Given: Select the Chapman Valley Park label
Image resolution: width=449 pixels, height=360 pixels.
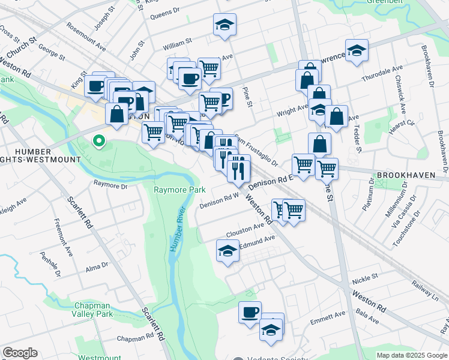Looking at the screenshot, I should click(x=93, y=309).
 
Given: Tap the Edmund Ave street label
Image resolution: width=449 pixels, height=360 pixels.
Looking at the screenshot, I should click(x=257, y=241).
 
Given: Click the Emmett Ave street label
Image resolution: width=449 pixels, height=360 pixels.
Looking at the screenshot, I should click(x=328, y=317).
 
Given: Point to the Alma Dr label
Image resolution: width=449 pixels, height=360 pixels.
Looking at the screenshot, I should click(x=96, y=266).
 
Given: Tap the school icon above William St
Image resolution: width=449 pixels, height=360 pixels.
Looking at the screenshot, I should click(x=225, y=25).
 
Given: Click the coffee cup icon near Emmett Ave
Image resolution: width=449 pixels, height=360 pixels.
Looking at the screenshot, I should click(x=250, y=312).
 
